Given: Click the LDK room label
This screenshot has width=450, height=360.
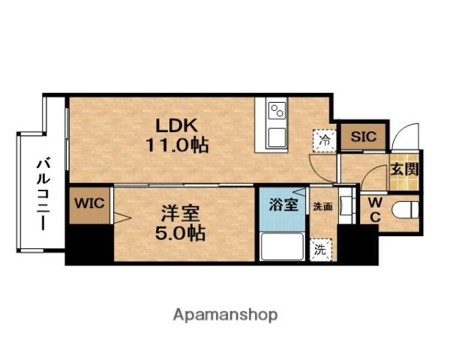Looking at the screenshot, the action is [176, 125].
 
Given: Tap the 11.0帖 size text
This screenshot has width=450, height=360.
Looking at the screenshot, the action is [177, 145].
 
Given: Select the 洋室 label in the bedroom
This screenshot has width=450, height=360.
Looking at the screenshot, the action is [180, 214].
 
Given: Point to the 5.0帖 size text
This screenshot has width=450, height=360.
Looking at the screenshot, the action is [180, 232].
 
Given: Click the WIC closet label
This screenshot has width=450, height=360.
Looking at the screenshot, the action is [89, 203].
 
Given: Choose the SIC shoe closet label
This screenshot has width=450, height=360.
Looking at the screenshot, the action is [363, 136].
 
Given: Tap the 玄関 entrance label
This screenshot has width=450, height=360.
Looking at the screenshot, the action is [404, 169].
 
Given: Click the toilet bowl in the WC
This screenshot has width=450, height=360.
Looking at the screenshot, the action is [405, 210].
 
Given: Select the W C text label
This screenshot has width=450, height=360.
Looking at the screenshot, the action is [375, 211].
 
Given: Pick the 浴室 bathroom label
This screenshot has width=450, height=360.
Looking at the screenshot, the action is [283, 205].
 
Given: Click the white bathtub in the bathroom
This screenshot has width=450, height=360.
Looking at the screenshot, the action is [282, 246].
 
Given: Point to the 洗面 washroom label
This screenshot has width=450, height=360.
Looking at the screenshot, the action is [322, 206].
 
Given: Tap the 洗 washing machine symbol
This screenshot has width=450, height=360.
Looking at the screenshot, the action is [320, 250].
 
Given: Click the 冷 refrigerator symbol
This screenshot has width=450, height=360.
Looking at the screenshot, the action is [324, 141].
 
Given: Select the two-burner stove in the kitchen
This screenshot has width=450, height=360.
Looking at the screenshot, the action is [277, 111].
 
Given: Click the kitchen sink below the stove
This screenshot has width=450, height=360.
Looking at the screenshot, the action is [277, 138].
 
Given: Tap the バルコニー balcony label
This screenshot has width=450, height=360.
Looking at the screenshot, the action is [43, 193].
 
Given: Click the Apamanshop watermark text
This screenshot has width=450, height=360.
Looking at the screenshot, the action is [225, 316].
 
